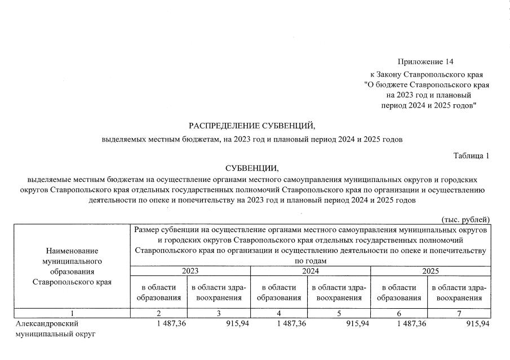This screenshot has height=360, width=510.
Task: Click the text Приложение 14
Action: pyautogui.click(x=425, y=61)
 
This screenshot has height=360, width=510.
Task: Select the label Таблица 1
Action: pyautogui.click(x=471, y=155)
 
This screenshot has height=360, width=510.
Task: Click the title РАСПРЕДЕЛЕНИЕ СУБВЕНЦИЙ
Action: pyautogui.click(x=252, y=125)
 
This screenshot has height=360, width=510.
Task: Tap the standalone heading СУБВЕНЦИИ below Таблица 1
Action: pyautogui.click(x=252, y=168)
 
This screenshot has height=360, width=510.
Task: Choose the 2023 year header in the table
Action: pyautogui.click(x=190, y=271)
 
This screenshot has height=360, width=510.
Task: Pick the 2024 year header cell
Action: pyautogui.click(x=311, y=271)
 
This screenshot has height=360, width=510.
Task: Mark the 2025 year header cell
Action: pyautogui.click(x=431, y=271)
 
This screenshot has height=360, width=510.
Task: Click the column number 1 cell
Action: pyautogui.click(x=73, y=313)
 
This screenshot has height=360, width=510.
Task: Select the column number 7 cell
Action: pyautogui.click(x=460, y=313)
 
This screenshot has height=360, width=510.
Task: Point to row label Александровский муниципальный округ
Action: pyautogui.click(x=56, y=329)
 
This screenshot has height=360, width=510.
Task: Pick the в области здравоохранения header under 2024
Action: pyautogui.click(x=340, y=292)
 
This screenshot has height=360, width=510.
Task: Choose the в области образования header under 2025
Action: pyautogui.click(x=400, y=292)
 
